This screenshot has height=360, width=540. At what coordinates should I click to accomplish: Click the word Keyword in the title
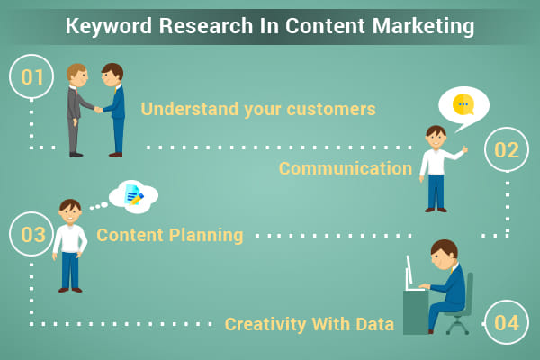coord(109,26)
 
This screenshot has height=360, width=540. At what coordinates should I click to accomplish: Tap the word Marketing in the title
coord(423,26)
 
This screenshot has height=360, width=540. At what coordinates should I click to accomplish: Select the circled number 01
coord(31,76)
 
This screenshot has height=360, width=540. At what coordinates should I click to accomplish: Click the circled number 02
coord(506,149)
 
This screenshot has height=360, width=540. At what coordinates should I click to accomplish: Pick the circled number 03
coord(31,234)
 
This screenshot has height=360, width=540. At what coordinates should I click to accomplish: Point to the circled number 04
coord(506,322)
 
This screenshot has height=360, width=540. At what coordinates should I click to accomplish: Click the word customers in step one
coord(331,109)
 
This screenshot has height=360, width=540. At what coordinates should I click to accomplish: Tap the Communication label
coord(346,168)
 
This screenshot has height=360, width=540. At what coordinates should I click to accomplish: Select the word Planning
coord(206,236)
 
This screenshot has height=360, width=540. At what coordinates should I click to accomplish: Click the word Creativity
coord(265,325)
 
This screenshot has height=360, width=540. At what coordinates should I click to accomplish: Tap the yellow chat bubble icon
coord(463,104)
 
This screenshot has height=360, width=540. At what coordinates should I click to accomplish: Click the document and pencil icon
coord(134,195)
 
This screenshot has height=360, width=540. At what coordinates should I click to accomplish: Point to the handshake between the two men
coord(98,110)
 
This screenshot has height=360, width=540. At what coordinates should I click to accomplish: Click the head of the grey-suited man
coord(76,75)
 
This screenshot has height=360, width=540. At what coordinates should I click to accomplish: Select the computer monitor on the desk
coord(409,274)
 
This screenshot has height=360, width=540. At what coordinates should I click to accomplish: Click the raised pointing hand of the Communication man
coord(465,149)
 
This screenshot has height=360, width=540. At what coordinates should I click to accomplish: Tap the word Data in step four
coord(374,325)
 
